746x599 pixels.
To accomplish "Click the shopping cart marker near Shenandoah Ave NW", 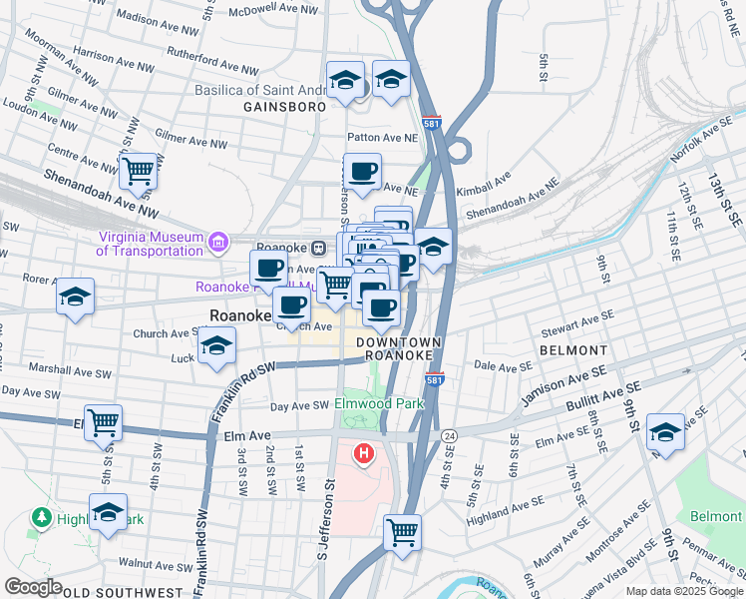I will tap(139, 172).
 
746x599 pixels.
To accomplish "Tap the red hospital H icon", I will tap(364, 455).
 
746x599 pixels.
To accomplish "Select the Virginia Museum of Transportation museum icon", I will tap(216, 242).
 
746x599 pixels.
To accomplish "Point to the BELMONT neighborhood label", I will tap(573, 350).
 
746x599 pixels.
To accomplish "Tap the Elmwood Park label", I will tap(379, 403).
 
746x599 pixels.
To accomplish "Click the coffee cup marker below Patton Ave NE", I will tap(362, 172).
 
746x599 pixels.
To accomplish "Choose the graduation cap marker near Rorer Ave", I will tap(75, 298).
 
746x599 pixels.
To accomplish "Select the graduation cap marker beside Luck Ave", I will tap(216, 347).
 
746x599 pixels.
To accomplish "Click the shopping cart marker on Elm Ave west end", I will tap(104, 423).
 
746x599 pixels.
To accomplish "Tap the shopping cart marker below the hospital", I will tap(403, 532).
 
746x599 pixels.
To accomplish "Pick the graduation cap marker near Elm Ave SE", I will tap(665, 432).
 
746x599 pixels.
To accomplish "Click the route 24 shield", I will tap(450, 436).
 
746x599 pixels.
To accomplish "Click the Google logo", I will tap(32, 587).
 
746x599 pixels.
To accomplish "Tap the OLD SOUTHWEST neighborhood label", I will tap(111, 592).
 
